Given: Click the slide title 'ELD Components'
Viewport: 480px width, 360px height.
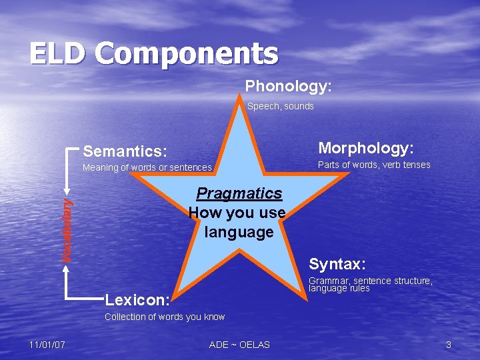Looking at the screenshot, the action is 153,54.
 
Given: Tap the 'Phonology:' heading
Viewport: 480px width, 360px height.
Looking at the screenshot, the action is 288,87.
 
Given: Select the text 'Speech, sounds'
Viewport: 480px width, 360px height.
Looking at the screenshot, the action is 280,106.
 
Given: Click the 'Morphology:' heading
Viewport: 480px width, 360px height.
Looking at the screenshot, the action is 366,147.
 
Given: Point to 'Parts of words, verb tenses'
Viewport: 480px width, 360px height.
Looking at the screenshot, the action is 374,165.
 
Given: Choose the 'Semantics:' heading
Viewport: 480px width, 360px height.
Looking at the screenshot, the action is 125,151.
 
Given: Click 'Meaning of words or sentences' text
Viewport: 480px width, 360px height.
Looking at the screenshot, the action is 147,168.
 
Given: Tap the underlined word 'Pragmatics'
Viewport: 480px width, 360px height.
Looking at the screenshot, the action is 239,193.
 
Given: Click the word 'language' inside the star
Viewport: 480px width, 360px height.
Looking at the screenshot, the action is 239,233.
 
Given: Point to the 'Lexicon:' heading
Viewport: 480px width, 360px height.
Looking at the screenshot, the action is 138,296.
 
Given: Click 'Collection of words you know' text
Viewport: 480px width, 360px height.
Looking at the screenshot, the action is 165,317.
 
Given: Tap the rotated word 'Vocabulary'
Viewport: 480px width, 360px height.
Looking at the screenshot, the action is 67,227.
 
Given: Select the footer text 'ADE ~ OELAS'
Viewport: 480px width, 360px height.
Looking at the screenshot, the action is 239,345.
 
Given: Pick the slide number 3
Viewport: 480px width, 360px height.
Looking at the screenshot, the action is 449,345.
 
